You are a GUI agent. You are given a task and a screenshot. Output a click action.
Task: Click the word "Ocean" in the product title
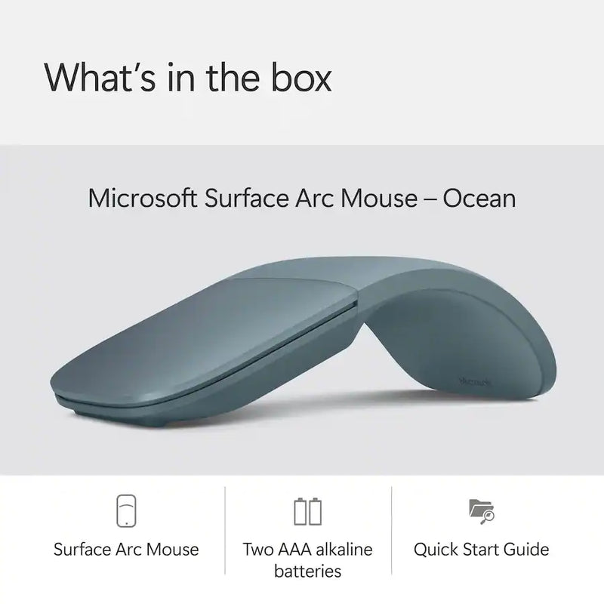tap(480, 199)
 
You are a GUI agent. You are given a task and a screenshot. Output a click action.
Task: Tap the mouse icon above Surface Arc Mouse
tap(127, 511)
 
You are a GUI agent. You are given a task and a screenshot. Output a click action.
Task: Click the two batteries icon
tap(307, 511)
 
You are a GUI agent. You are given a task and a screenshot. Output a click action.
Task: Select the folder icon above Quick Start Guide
tap(481, 511)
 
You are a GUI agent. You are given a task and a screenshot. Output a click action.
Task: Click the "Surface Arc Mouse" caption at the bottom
tap(127, 549)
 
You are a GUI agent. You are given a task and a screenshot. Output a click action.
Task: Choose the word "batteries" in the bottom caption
tap(308, 572)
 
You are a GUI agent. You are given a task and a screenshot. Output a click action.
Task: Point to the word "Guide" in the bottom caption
tap(526, 549)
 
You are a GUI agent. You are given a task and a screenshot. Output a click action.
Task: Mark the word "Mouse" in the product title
tap(391, 199)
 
